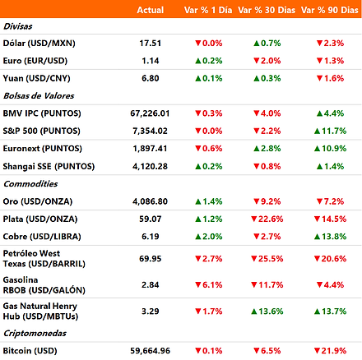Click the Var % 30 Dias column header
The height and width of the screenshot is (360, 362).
[x=267, y=10]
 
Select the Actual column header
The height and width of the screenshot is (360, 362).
[x=151, y=10]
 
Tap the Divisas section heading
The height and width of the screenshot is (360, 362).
[x=17, y=26]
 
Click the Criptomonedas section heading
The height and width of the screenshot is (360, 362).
[x=35, y=333]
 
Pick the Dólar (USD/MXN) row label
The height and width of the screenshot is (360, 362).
[x=39, y=44]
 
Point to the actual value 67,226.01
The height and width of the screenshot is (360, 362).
[x=150, y=113]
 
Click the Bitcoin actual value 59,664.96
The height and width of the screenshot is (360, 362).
[x=150, y=351]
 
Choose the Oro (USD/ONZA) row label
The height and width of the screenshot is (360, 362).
[x=38, y=201]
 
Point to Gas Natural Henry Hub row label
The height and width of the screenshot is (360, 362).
[x=40, y=312]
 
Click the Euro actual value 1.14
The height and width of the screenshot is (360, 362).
[x=151, y=61]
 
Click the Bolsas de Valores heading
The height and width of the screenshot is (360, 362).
[x=39, y=96]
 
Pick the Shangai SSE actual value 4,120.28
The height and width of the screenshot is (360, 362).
[x=150, y=166]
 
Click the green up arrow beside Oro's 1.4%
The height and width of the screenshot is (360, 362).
[x=198, y=202]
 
